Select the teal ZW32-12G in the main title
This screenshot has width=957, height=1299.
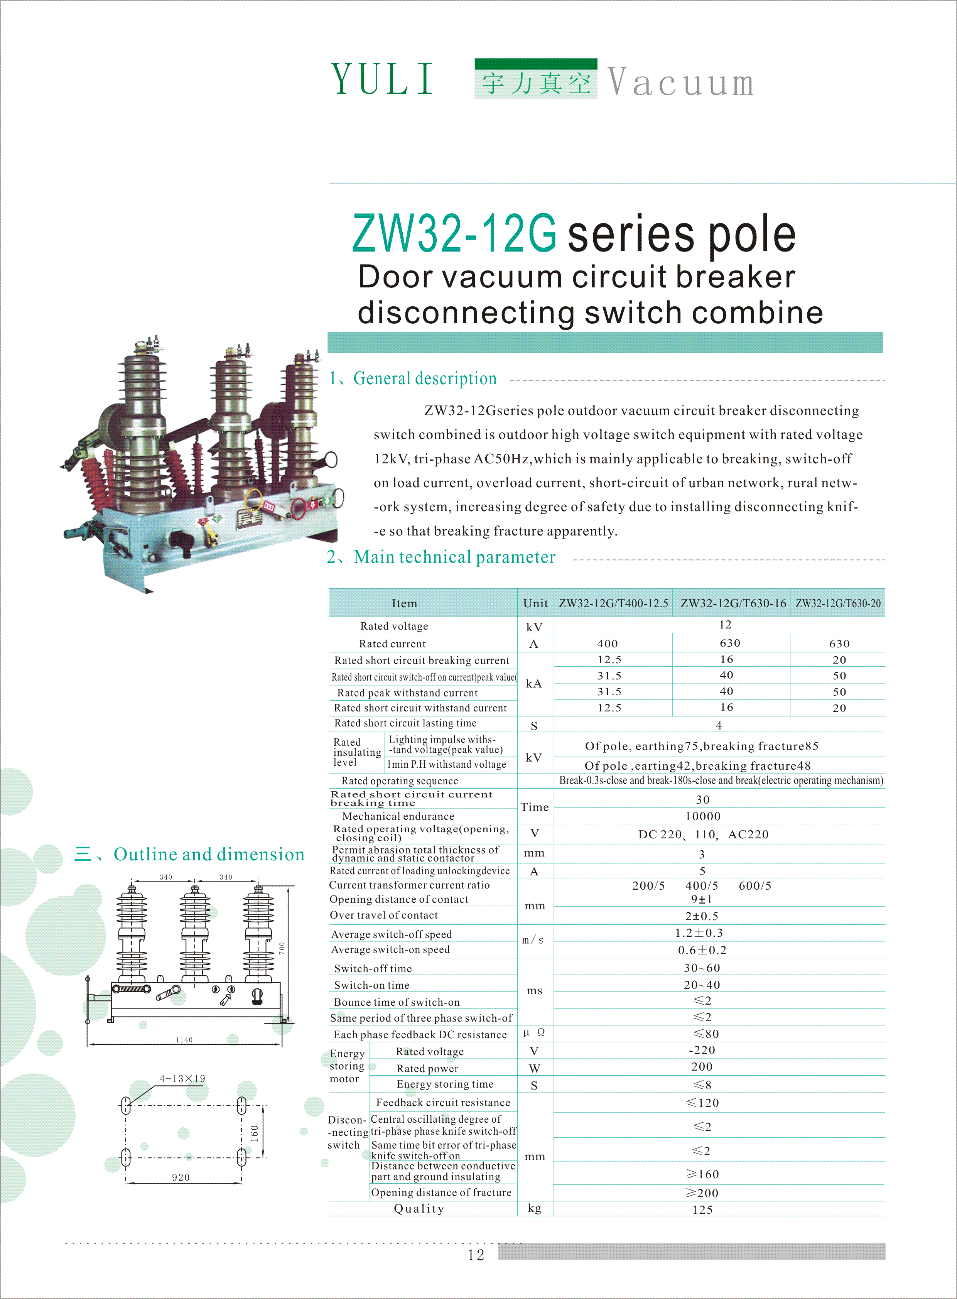click(x=454, y=233)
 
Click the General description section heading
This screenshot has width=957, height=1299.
click(x=425, y=378)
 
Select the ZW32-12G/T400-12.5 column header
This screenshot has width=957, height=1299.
click(x=613, y=603)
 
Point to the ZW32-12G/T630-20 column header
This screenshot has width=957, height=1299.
click(x=838, y=603)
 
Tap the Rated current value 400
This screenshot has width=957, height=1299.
click(x=607, y=644)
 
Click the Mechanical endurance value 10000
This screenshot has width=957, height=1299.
click(x=703, y=816)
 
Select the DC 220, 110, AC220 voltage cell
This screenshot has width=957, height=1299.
click(x=703, y=834)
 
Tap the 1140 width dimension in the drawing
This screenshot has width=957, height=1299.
click(x=184, y=1040)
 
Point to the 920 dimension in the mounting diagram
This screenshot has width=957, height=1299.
click(x=181, y=1177)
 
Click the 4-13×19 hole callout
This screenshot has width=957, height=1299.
click(x=182, y=1078)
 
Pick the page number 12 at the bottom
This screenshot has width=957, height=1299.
click(x=476, y=1255)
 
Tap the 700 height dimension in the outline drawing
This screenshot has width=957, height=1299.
click(x=282, y=948)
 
